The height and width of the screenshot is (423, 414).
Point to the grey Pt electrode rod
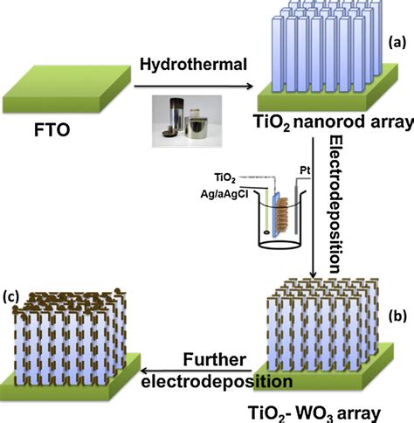[298, 218]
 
